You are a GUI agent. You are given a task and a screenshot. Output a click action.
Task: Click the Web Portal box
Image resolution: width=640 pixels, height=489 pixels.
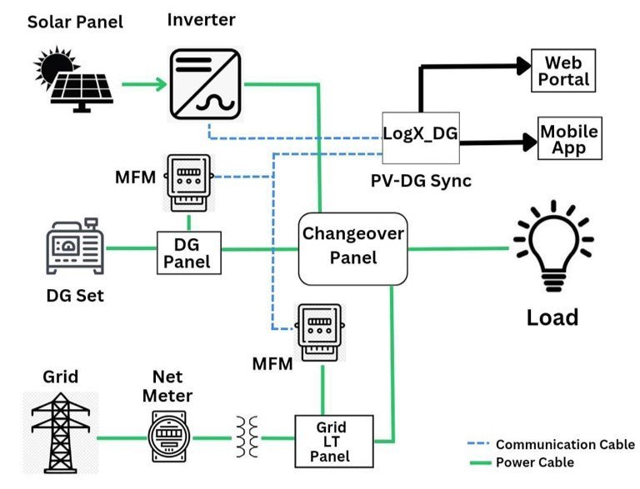point(567,72)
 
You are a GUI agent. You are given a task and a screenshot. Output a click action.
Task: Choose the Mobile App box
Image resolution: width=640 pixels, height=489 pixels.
point(569,139)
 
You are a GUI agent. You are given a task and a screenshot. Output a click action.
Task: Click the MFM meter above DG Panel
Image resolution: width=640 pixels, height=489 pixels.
point(189,183)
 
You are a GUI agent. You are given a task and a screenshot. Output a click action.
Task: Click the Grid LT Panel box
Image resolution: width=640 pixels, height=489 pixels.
point(329,438)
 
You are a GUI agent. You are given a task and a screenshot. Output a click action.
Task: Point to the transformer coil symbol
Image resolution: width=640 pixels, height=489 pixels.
point(245,437)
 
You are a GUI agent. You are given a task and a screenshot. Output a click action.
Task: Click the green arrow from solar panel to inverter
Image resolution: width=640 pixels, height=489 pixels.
point(142,83)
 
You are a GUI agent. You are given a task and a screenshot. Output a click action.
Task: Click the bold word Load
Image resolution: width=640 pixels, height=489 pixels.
point(552,317)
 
